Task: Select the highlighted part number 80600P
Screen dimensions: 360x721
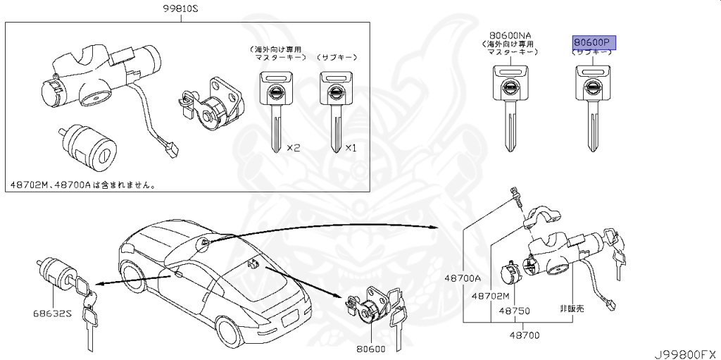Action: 594,42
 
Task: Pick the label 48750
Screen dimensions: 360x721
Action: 514,310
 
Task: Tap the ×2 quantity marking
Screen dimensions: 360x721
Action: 293,148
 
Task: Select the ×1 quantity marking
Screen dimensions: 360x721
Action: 351,148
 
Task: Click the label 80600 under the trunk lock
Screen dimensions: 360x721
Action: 370,347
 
